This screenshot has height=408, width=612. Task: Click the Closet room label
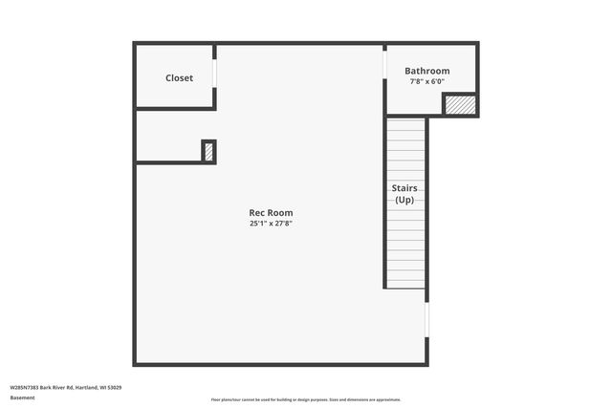click(179, 78)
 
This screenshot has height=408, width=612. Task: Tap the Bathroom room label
click(426, 71)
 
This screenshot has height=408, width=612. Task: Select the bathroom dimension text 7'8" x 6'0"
click(426, 82)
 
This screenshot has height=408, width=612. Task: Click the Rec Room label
click(271, 212)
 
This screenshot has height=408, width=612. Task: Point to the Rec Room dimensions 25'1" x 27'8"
click(271, 224)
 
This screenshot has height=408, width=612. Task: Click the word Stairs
click(404, 188)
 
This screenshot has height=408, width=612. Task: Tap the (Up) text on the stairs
click(404, 200)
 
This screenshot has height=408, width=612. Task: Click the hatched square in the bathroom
click(460, 104)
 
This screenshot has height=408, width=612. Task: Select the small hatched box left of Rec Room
click(208, 151)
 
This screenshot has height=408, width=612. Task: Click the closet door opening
click(215, 73)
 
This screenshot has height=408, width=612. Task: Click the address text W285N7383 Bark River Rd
click(43, 387)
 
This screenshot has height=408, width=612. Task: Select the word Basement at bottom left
click(22, 397)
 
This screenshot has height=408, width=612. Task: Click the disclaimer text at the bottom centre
click(305, 399)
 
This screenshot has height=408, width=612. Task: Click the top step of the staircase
click(406, 120)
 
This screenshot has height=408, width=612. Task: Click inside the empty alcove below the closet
click(167, 138)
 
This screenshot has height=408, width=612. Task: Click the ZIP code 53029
click(115, 387)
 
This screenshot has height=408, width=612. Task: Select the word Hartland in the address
click(88, 387)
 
